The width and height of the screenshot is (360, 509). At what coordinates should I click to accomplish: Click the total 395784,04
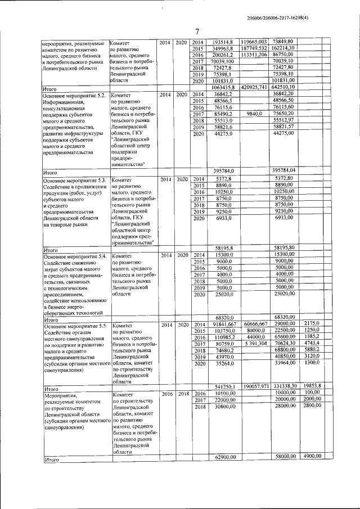point(284,170)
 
